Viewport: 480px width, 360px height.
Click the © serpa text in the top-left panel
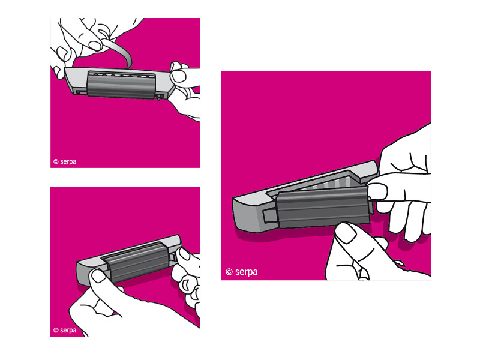click(65, 161)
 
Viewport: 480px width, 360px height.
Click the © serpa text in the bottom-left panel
click(65, 330)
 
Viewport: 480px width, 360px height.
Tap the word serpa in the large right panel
click(246, 272)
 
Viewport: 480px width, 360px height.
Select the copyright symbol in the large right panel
click(229, 272)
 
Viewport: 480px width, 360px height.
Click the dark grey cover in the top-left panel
click(122, 85)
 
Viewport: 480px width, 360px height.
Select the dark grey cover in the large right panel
click(323, 207)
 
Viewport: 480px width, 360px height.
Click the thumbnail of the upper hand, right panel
click(377, 191)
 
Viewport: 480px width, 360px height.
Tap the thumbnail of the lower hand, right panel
click(346, 233)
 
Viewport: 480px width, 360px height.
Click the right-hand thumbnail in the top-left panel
click(178, 76)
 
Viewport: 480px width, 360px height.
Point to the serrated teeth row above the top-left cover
click(121, 74)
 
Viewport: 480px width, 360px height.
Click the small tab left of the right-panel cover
click(269, 216)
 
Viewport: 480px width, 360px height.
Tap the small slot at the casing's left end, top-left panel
click(81, 92)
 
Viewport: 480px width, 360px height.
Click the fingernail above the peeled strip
click(95, 46)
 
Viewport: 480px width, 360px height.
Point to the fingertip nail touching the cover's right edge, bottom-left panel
click(184, 254)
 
